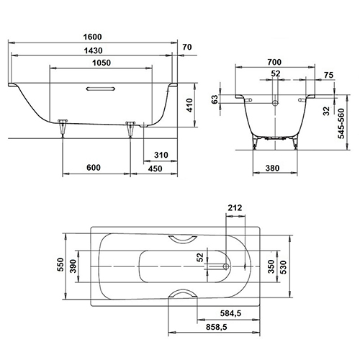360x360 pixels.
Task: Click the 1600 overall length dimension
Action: click(91, 37)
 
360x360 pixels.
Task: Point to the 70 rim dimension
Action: click(188, 48)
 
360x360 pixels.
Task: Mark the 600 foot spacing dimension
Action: click(93, 168)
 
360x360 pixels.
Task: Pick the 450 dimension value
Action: click(156, 168)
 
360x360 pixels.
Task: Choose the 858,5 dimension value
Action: click(216, 328)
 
